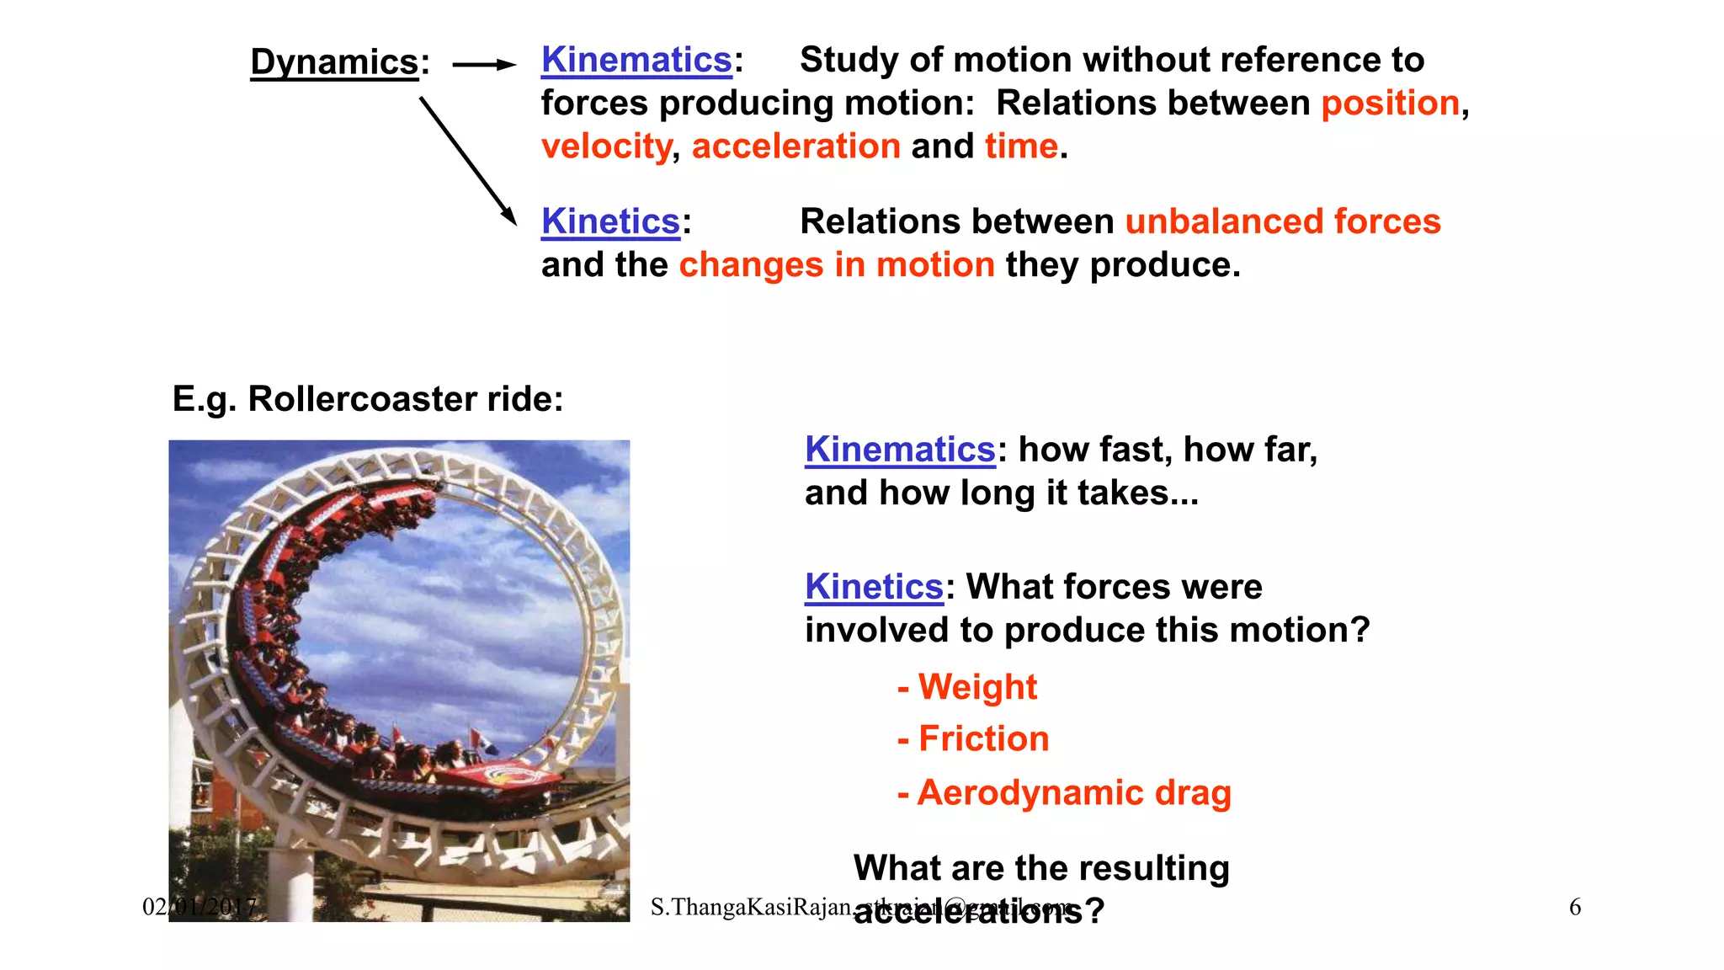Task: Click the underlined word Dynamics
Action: point(334,62)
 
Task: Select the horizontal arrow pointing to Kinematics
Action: point(483,64)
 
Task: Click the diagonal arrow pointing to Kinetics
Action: point(468,161)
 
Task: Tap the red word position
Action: point(1390,104)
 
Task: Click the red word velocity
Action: point(606,147)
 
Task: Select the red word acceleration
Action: point(795,147)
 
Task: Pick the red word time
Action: point(1020,147)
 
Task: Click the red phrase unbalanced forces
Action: point(1282,221)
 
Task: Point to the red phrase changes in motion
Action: point(837,265)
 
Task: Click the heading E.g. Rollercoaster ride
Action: point(368,399)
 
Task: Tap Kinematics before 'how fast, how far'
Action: point(900,450)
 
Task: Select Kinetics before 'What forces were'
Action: point(874,587)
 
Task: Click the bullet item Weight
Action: point(976,687)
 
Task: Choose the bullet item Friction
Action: point(983,739)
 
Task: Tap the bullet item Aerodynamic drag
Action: point(1073,793)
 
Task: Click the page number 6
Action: point(1574,907)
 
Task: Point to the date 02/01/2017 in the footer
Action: point(200,907)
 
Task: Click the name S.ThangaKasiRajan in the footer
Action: point(750,907)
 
